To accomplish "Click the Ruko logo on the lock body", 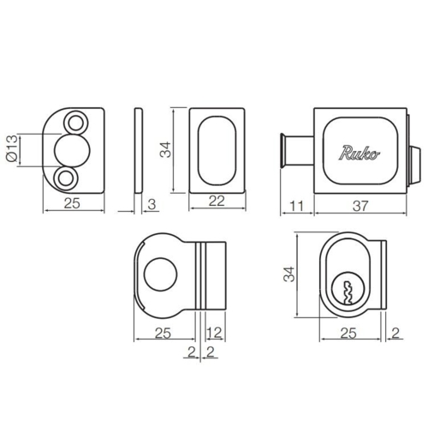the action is pos(360,153).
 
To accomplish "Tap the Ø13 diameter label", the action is pos(12,149).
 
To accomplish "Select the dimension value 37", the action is pos(360,206).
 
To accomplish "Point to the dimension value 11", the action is pos(296,206).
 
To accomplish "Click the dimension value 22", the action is pos(217,201).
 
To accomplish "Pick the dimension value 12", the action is pos(214,333).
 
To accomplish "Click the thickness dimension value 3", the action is pos(152,204).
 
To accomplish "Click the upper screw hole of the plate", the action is pos(75,123).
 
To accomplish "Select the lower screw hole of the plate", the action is pos(66,179).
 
